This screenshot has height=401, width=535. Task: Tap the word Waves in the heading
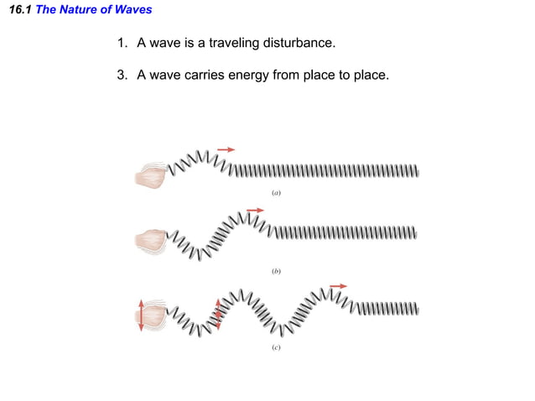coord(133,10)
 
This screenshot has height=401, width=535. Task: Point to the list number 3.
coord(122,76)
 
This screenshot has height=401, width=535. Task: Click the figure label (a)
coord(275,192)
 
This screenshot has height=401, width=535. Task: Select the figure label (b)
coord(275,271)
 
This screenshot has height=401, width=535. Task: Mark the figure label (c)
coord(275,346)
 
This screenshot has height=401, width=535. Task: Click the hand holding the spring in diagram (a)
coord(151,174)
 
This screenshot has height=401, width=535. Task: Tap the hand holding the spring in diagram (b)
coord(151,241)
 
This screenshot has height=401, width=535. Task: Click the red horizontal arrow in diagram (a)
coord(226,149)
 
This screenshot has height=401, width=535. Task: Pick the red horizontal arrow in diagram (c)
coord(338,286)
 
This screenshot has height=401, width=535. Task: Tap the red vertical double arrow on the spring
coord(219,314)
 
